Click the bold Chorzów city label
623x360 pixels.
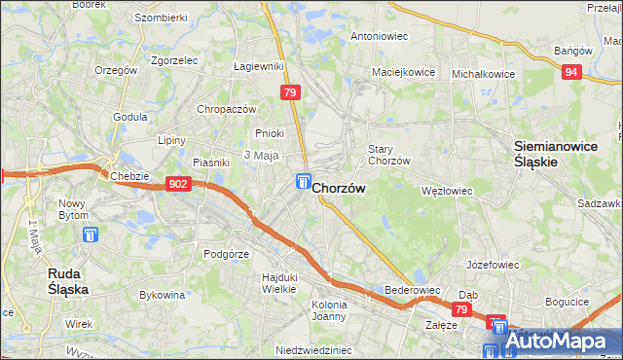(x=339, y=191)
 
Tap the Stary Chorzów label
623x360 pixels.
(x=387, y=155)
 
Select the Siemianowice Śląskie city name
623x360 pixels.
(x=549, y=154)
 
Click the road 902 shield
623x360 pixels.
(x=177, y=184)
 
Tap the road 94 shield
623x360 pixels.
(x=571, y=71)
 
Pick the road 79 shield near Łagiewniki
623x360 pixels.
(x=289, y=92)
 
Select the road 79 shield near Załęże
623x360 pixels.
(x=462, y=310)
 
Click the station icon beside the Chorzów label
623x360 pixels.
(x=304, y=182)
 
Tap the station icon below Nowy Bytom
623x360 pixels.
(x=92, y=234)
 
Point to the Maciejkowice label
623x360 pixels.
(x=402, y=72)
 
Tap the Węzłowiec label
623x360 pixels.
(x=446, y=191)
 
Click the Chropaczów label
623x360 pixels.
(x=226, y=109)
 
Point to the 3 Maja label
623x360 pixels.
(x=262, y=156)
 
